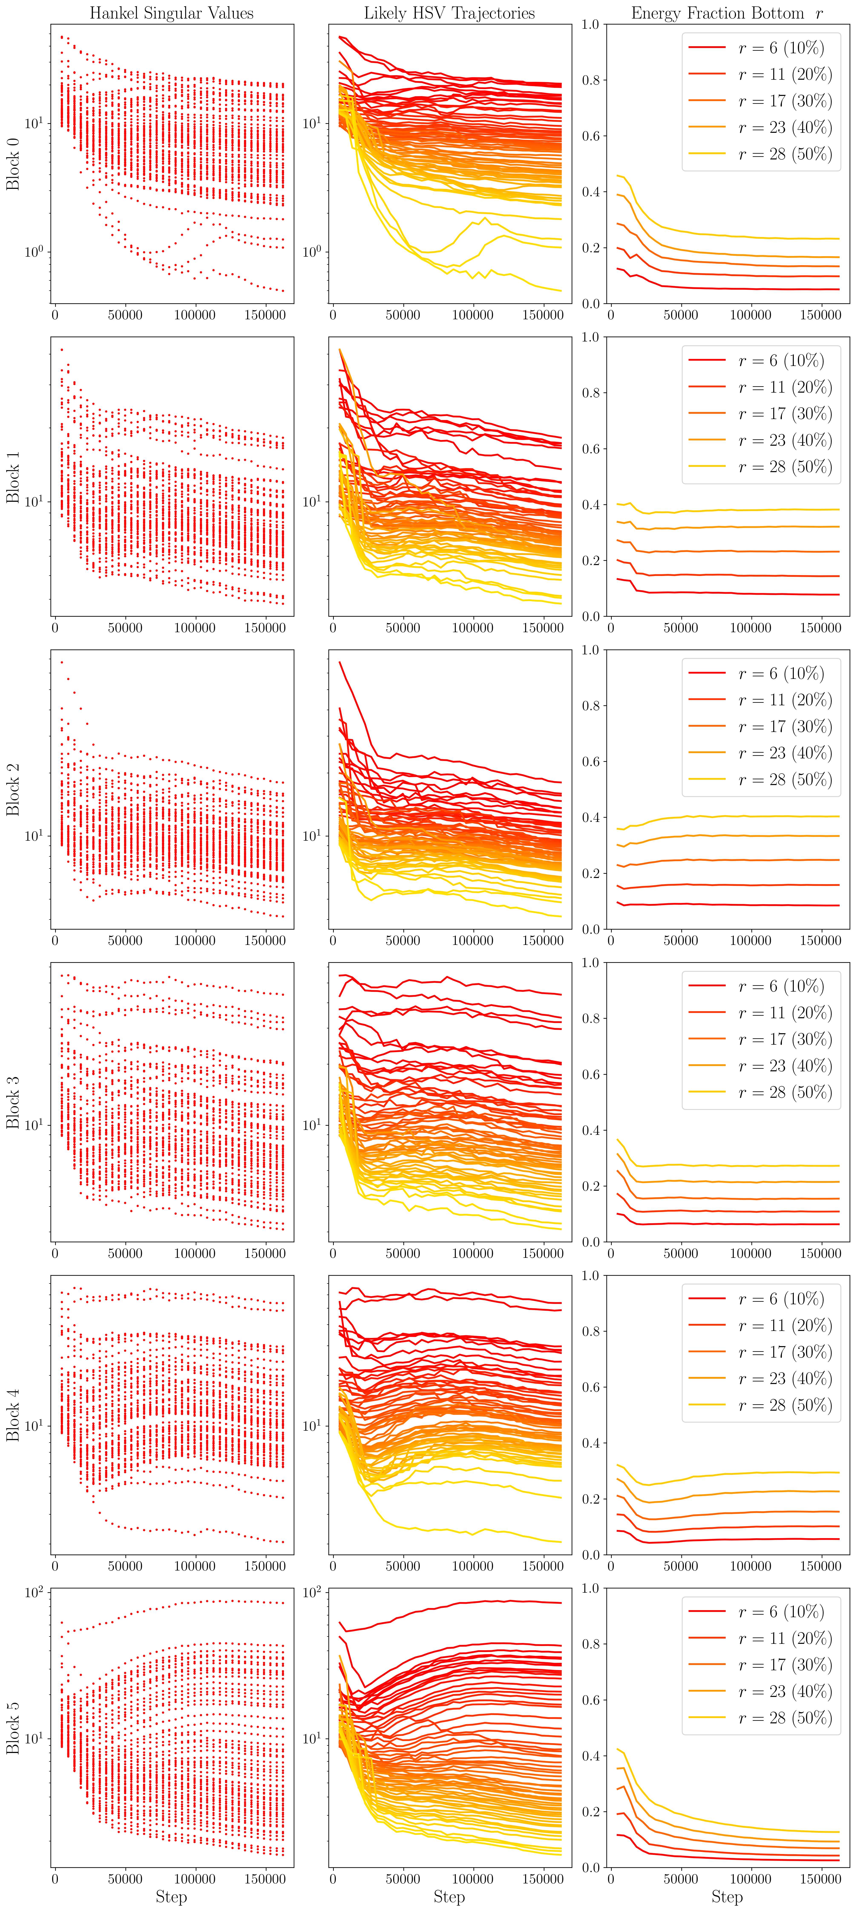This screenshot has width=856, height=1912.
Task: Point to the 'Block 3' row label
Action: (x=13, y=1102)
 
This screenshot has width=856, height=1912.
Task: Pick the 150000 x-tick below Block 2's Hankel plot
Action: (x=265, y=940)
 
